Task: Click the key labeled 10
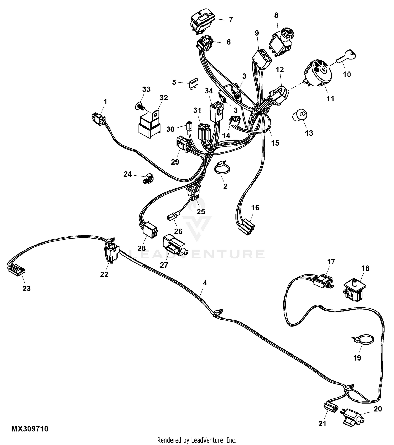(346, 56)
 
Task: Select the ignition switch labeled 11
(318, 73)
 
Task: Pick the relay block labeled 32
(149, 125)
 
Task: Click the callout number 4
(205, 283)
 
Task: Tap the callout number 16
(255, 208)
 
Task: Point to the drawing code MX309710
(30, 429)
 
